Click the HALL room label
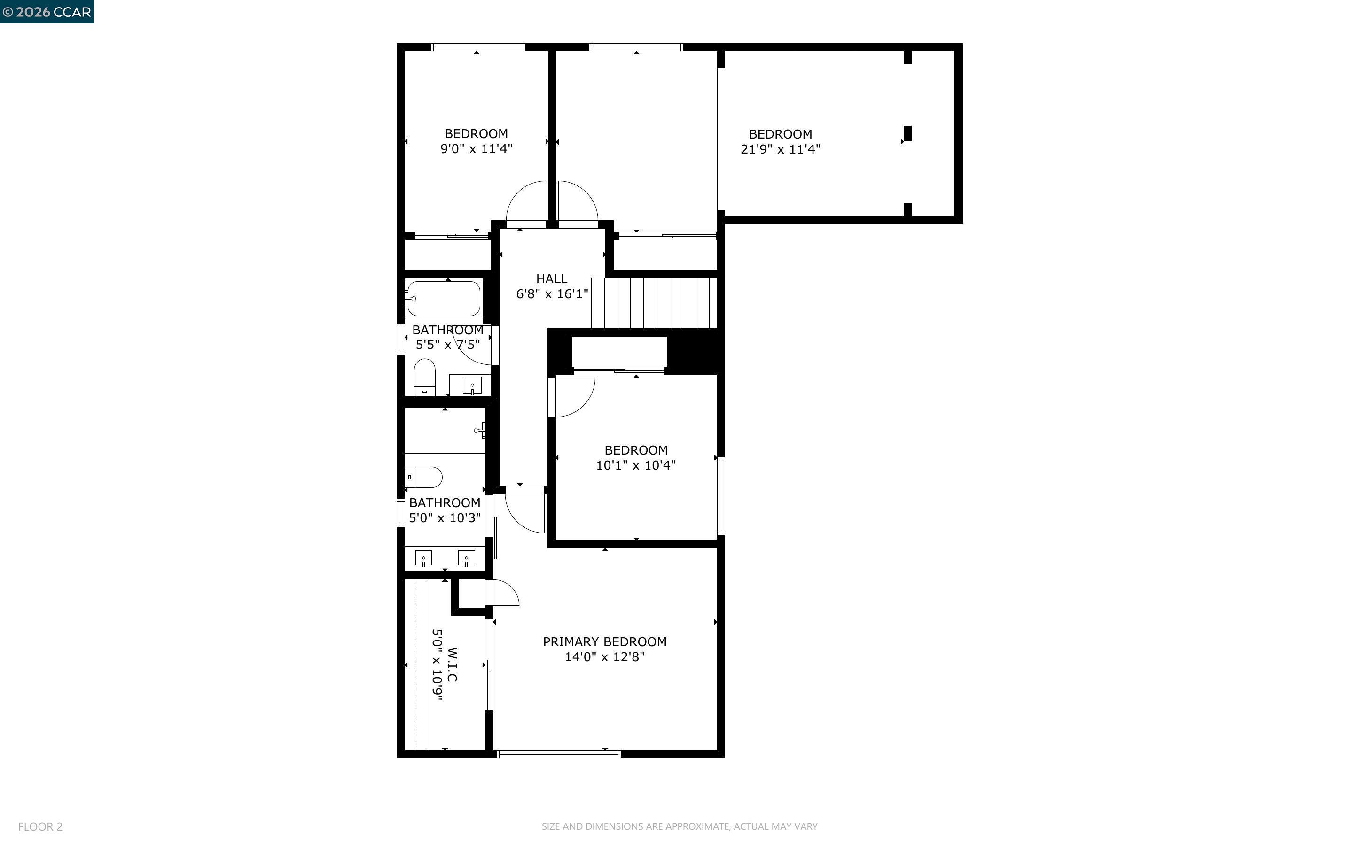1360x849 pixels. (551, 279)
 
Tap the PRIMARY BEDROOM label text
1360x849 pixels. (604, 642)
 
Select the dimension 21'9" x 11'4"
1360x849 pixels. (780, 149)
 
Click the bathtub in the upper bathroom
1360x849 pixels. (443, 299)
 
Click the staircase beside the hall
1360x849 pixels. (655, 303)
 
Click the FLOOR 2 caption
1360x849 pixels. (40, 826)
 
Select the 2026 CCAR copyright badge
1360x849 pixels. (47, 12)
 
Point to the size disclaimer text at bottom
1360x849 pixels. (679, 826)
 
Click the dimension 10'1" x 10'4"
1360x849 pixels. (635, 465)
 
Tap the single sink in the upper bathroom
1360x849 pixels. (472, 386)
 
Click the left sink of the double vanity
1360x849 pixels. (423, 558)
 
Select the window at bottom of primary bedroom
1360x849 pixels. (558, 754)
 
